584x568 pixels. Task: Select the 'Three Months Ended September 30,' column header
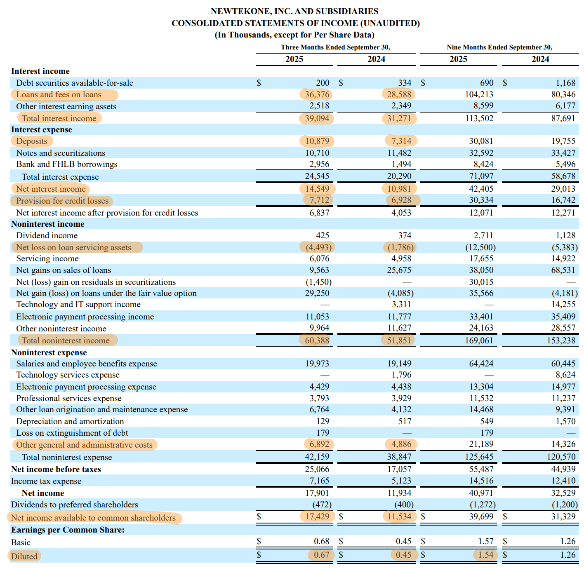click(335, 47)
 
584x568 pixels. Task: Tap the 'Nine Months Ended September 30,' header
click(499, 47)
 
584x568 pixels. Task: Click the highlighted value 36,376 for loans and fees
click(317, 94)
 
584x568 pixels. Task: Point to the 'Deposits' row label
click(32, 141)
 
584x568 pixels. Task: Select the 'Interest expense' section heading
click(41, 129)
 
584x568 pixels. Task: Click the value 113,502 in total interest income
click(479, 118)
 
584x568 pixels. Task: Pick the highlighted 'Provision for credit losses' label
click(62, 201)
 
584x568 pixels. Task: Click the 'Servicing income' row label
click(47, 258)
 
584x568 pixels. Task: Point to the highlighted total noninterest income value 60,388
click(317, 340)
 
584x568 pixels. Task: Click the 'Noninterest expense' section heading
click(49, 352)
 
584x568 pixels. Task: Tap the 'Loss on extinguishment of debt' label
click(72, 433)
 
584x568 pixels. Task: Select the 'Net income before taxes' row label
click(56, 469)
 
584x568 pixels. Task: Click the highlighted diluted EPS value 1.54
click(485, 555)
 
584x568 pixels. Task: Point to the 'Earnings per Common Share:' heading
click(68, 530)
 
